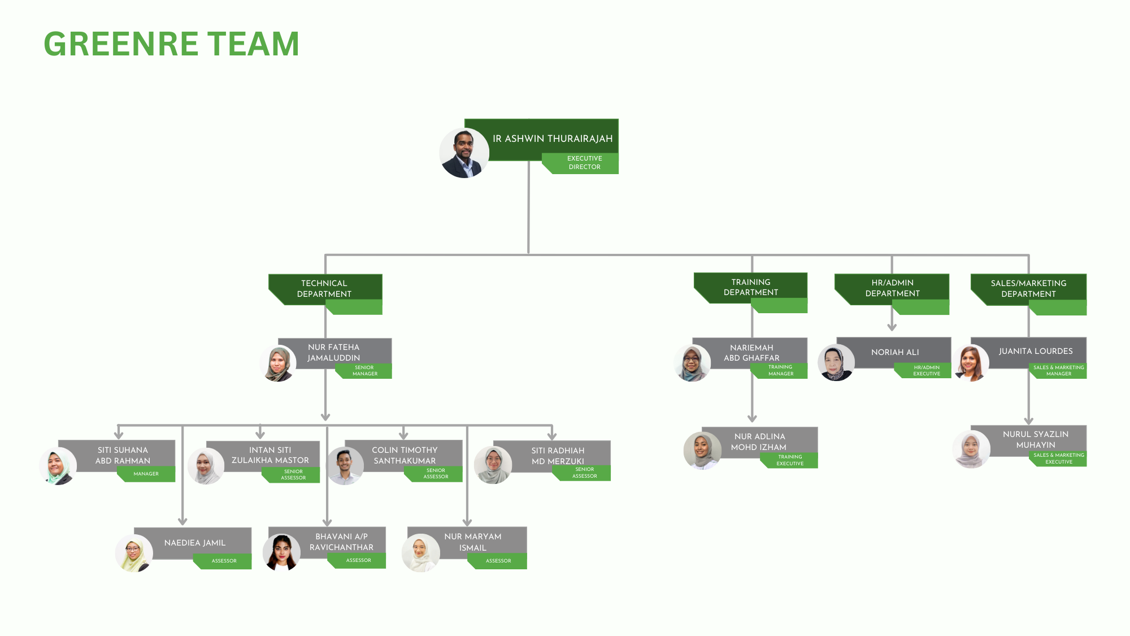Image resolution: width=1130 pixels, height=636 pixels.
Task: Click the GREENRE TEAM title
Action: [171, 44]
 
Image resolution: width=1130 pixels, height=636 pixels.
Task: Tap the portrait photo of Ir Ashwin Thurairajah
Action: [464, 153]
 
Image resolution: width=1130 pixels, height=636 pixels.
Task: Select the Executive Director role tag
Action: [584, 163]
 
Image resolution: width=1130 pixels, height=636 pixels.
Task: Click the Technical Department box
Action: [324, 288]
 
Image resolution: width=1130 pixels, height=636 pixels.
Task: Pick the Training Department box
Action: [750, 287]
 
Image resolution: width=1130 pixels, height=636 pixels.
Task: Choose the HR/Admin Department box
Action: [892, 288]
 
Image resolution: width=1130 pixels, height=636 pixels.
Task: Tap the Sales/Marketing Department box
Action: [1028, 288]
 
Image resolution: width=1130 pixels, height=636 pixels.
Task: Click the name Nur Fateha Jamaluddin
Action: [333, 352]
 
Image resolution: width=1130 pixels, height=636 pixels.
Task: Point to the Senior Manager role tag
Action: [365, 371]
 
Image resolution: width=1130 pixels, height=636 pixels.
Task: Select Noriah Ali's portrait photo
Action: [836, 362]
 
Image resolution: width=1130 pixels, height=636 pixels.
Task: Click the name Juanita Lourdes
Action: [1035, 351]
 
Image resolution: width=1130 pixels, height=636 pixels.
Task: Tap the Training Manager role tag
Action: [780, 370]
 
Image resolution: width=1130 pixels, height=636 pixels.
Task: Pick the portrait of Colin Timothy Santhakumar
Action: [345, 466]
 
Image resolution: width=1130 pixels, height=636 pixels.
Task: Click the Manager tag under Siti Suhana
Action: [146, 474]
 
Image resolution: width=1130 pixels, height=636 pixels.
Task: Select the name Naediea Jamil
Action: [195, 543]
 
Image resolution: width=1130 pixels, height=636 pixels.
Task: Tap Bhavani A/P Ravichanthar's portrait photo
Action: [281, 552]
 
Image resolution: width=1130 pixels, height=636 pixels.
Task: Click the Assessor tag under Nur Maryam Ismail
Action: [498, 561]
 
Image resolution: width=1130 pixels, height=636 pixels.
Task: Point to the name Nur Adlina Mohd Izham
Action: [759, 442]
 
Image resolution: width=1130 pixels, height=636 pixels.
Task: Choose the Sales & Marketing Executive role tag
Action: [1058, 458]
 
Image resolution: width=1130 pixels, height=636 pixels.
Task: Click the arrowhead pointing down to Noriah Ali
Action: [892, 327]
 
